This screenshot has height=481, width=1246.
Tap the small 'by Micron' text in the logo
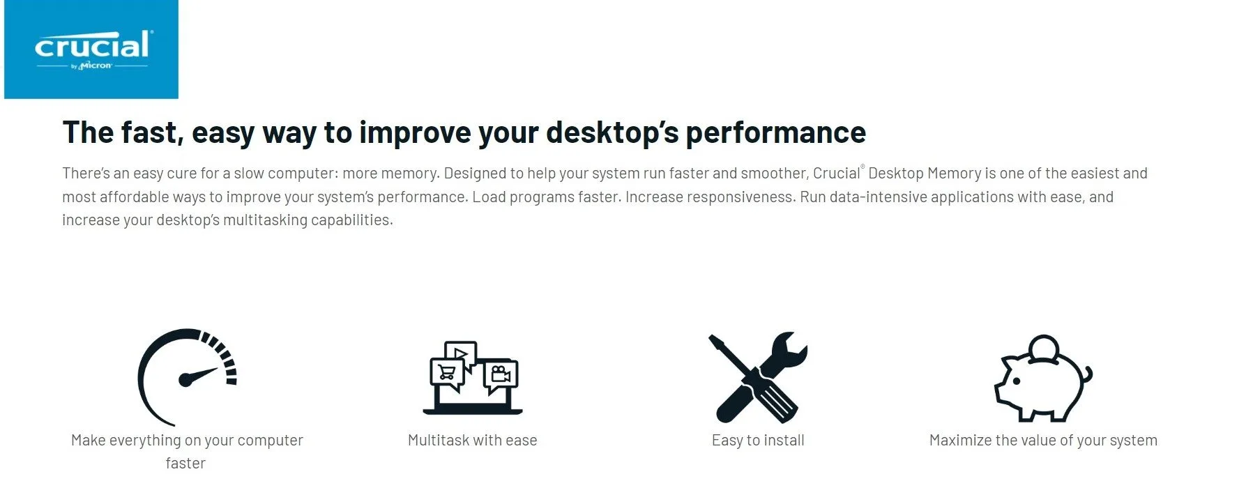(91, 66)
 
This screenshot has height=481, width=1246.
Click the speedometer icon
(187, 377)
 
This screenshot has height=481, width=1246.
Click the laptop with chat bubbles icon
(473, 377)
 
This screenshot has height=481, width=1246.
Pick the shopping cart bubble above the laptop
(448, 375)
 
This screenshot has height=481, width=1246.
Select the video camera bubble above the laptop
(500, 376)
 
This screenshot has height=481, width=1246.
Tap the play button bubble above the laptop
(460, 353)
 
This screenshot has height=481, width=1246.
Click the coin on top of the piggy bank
(1044, 346)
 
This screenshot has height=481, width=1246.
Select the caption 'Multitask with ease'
(473, 440)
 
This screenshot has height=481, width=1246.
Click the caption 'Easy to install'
(758, 440)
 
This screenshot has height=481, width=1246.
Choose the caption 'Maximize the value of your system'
(1043, 440)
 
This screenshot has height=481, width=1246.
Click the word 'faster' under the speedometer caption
(185, 463)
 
